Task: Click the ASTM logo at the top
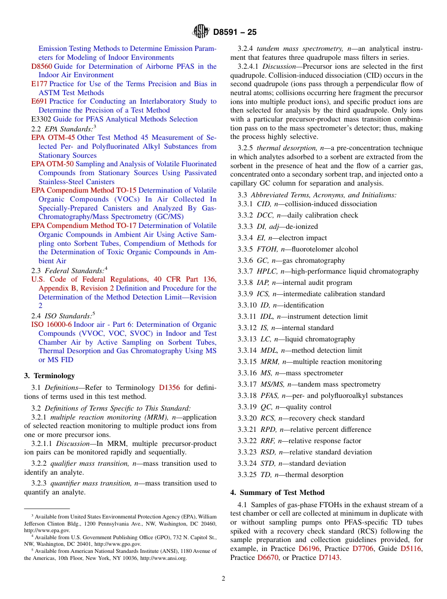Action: (x=201, y=32)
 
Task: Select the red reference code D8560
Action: (x=41, y=66)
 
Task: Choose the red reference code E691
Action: (x=39, y=101)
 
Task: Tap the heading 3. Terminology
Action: (x=49, y=376)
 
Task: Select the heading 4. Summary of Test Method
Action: (x=277, y=493)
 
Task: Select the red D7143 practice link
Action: (x=329, y=558)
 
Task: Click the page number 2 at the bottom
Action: (x=223, y=578)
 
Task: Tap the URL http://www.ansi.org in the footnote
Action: (x=163, y=558)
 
